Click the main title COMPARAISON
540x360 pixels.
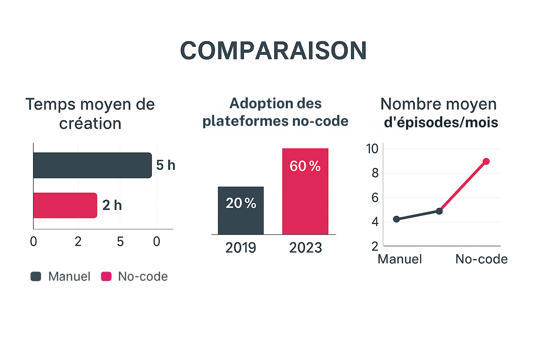(x=273, y=51)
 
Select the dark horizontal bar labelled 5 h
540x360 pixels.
(x=92, y=165)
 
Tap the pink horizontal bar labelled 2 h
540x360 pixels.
(x=65, y=205)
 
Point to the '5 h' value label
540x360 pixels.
(x=166, y=165)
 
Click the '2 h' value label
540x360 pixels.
(x=112, y=205)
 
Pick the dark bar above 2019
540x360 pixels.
(x=240, y=211)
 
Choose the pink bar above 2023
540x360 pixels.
(x=305, y=192)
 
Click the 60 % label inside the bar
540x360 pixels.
(x=305, y=166)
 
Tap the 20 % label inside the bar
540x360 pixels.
(x=241, y=203)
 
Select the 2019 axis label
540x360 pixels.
(x=240, y=248)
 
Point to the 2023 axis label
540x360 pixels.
(x=305, y=248)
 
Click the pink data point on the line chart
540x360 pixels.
(x=486, y=161)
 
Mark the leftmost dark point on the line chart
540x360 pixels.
(x=397, y=219)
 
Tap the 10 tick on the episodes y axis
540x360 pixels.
(x=372, y=149)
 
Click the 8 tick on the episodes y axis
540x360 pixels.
(x=375, y=173)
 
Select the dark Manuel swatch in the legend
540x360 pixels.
(x=36, y=277)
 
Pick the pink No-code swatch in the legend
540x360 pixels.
(x=106, y=277)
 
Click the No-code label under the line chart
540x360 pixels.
(x=481, y=259)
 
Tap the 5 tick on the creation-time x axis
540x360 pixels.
(x=120, y=242)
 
